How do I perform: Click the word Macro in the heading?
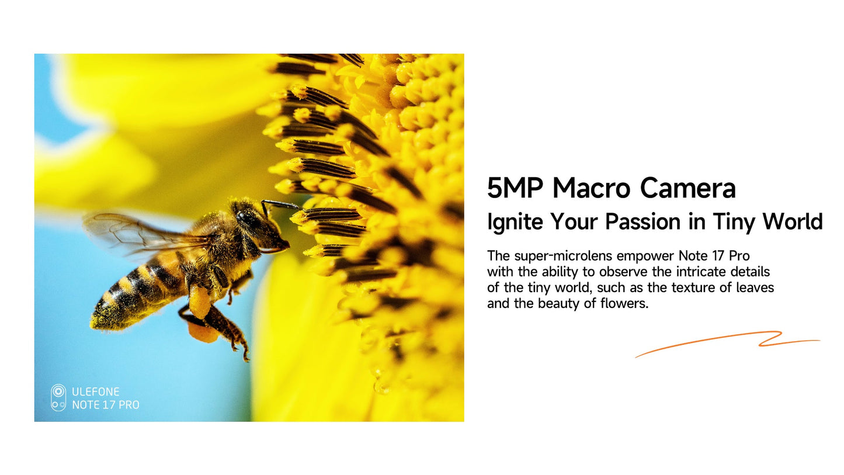(x=591, y=188)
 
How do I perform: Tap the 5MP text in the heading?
(x=515, y=188)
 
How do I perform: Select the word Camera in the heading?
(x=687, y=188)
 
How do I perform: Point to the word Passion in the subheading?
(x=643, y=221)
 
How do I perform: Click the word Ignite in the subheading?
(x=515, y=222)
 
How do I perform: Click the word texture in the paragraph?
(x=694, y=287)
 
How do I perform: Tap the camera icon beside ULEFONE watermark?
(x=58, y=398)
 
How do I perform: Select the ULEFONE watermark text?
(x=96, y=391)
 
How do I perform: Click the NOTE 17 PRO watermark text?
(x=106, y=405)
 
